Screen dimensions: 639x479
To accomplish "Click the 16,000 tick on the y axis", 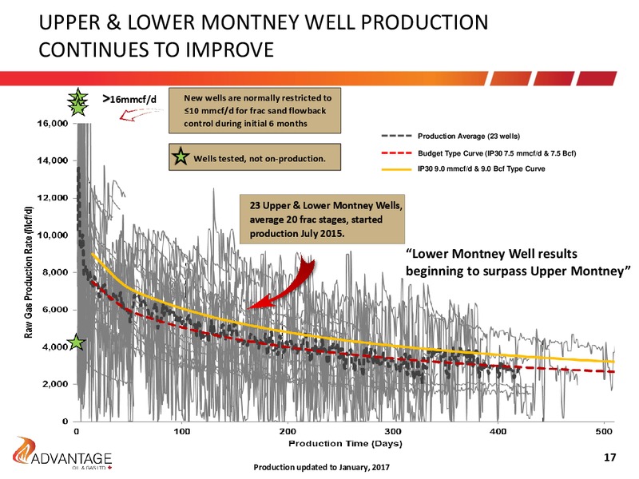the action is click(53, 124).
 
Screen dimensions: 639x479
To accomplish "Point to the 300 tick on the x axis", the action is click(393, 431).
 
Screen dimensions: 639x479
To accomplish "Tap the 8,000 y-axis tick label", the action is click(55, 272).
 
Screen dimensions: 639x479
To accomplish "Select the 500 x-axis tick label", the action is click(604, 431).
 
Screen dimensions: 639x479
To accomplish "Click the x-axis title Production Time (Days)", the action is click(345, 443).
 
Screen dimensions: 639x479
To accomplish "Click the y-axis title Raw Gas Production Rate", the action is click(28, 272).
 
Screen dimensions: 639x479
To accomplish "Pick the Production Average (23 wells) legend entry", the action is click(450, 136).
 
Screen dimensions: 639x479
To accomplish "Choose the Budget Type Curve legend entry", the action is click(478, 153).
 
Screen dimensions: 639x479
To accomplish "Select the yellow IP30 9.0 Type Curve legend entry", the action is click(463, 168).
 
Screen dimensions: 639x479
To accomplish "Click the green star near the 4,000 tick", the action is click(77, 342).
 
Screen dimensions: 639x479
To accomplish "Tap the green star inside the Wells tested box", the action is click(181, 156).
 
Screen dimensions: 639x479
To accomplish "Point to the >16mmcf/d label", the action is click(129, 99).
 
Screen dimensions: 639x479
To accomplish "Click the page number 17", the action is click(609, 457).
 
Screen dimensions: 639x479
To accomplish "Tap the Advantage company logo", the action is click(62, 453).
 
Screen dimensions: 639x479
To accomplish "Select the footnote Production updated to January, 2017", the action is click(321, 467).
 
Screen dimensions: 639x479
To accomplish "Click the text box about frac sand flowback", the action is click(255, 110).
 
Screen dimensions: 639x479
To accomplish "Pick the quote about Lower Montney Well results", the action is click(518, 263).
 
